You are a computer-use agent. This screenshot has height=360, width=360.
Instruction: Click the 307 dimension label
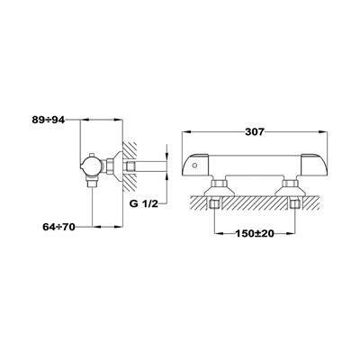254,131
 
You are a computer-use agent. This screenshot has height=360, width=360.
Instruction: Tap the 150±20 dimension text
255,234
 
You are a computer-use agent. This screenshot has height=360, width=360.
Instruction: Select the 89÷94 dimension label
49,120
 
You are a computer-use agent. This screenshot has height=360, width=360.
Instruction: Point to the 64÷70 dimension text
58,227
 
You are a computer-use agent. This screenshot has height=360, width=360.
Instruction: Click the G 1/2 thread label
143,204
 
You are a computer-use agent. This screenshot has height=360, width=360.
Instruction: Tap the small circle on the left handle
195,165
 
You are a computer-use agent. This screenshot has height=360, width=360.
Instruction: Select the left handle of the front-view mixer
195,166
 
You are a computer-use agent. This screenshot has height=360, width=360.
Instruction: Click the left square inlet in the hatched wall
213,204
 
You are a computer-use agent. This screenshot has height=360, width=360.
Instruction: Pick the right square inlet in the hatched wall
294,204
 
